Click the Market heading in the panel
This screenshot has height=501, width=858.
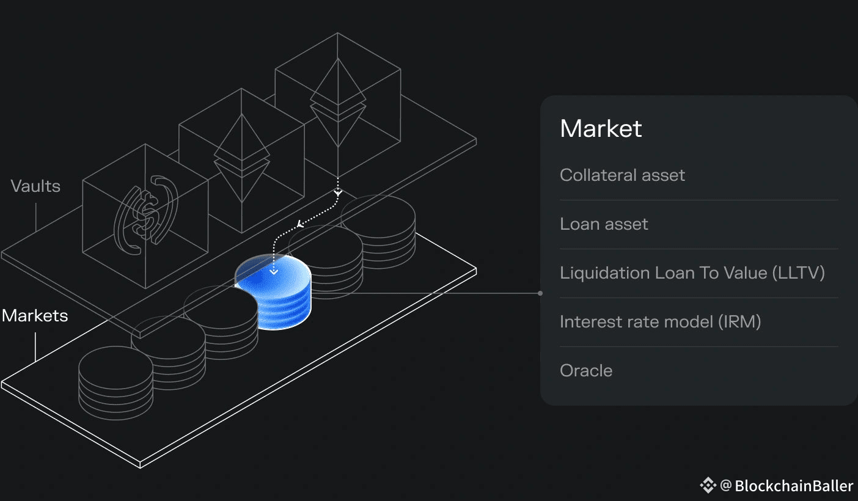coord(601,129)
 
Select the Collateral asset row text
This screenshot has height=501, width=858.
coord(622,175)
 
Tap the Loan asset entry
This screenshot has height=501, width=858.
coord(604,224)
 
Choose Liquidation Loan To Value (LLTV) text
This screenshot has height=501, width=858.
coord(692,273)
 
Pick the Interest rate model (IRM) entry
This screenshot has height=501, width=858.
coord(660,322)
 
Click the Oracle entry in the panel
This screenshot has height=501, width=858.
coord(586,371)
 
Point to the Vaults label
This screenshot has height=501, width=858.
coord(35,186)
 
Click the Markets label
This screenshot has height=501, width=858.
coord(35,316)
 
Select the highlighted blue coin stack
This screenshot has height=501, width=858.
coord(273,293)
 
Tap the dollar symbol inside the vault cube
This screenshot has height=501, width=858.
coord(146,216)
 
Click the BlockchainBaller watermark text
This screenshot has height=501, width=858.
coord(793,486)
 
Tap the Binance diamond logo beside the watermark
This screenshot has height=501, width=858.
coord(708,486)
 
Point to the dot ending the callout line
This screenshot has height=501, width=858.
coord(540,293)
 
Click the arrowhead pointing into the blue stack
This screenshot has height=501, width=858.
coord(274,271)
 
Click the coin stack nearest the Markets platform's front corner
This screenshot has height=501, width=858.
coord(116,382)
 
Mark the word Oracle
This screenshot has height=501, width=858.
coord(586,371)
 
